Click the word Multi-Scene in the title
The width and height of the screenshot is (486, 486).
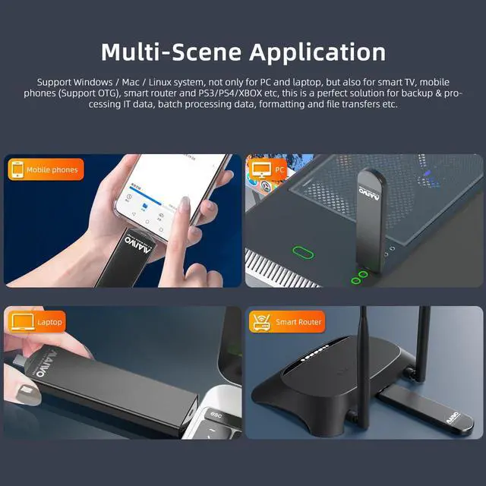point(172,52)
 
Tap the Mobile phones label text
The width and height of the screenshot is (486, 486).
point(52,169)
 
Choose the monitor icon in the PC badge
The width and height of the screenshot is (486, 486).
point(260,169)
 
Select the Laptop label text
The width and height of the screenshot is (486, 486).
point(50,322)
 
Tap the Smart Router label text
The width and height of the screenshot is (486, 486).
point(298,322)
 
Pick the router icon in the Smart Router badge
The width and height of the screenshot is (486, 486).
point(260,322)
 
